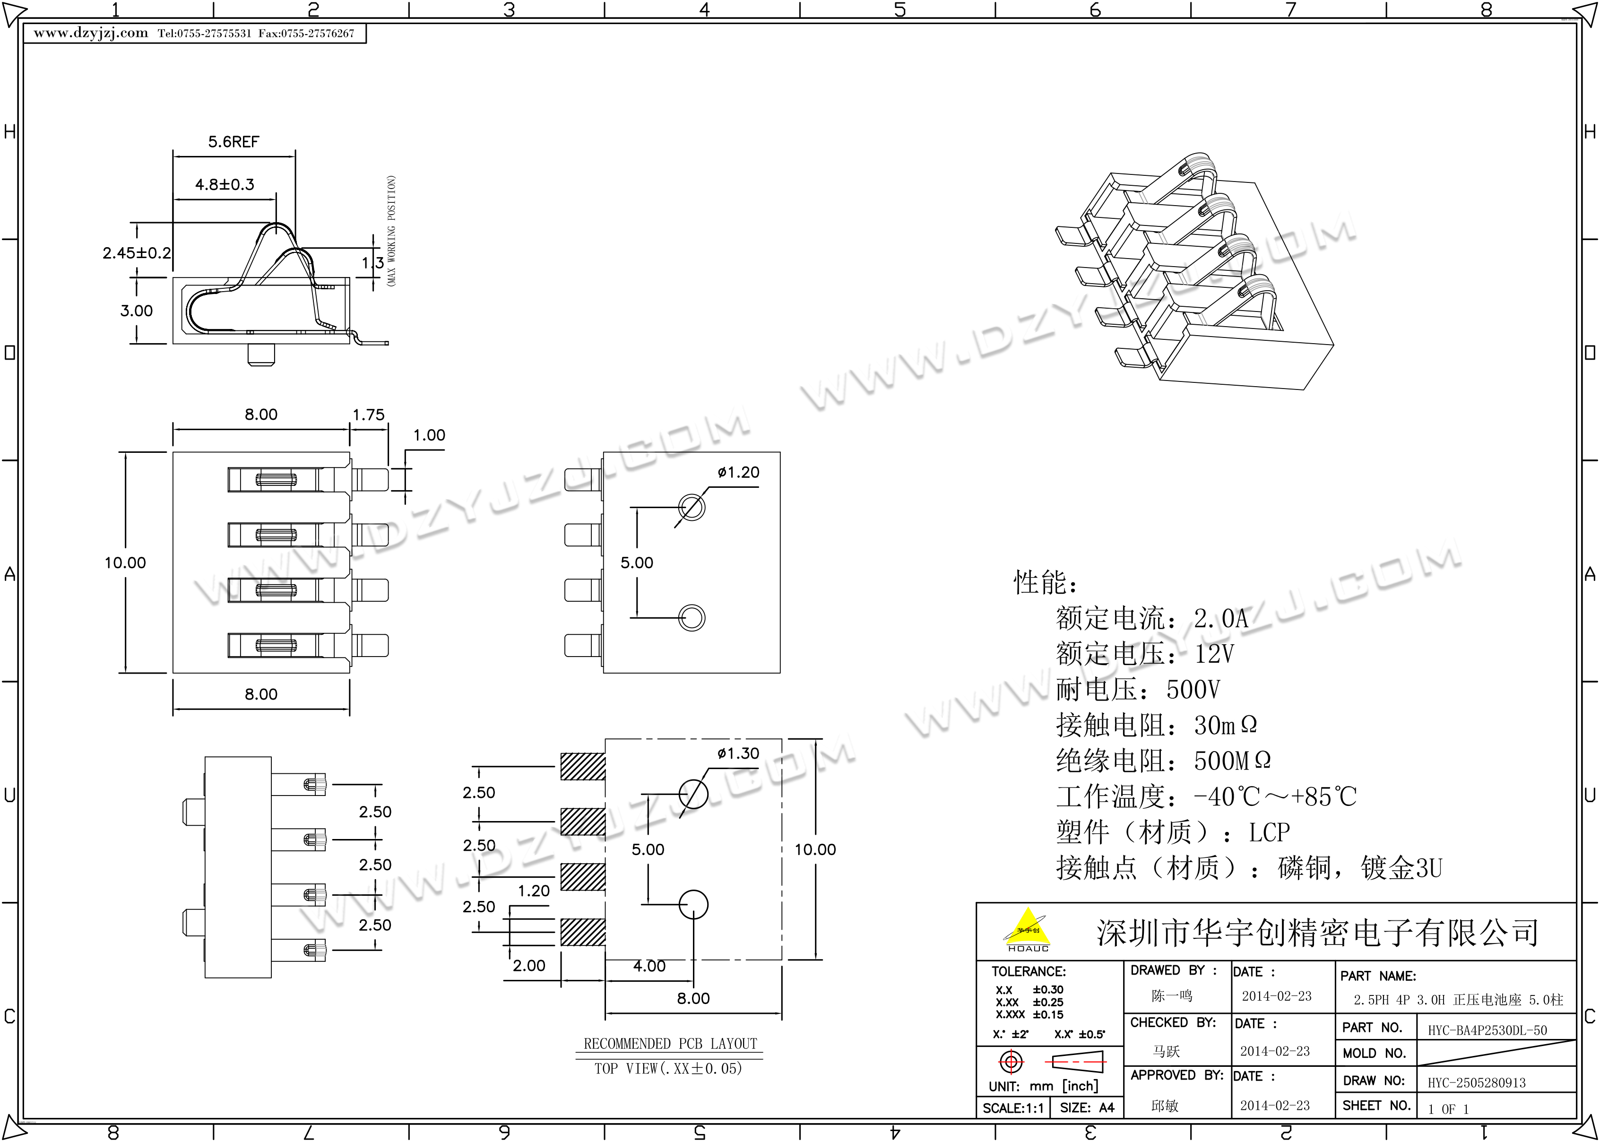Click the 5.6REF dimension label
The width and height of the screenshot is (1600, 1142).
click(x=234, y=142)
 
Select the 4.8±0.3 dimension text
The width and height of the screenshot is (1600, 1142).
click(x=224, y=185)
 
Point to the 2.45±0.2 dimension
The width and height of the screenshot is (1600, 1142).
click(x=137, y=253)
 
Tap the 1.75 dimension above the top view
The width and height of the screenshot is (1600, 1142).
click(x=368, y=415)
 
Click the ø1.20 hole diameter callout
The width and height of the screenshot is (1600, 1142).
click(x=738, y=473)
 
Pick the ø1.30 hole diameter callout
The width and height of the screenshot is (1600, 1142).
click(x=738, y=754)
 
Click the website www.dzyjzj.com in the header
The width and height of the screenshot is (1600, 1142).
click(x=91, y=33)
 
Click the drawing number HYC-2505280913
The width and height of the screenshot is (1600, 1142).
click(x=1476, y=1083)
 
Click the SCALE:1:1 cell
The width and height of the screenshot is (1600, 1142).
click(x=1013, y=1108)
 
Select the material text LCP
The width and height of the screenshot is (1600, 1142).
click(x=1269, y=832)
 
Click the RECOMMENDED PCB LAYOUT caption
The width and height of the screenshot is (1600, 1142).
click(x=670, y=1044)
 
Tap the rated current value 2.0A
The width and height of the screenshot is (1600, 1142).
click(x=1221, y=619)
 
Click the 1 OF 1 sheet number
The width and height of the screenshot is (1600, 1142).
click(x=1448, y=1109)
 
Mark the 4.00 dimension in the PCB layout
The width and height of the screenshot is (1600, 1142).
click(x=649, y=966)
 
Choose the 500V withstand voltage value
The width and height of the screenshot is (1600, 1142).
click(x=1193, y=690)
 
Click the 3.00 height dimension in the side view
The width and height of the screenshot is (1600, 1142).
click(x=137, y=311)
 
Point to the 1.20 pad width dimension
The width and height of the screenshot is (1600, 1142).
click(x=534, y=891)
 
